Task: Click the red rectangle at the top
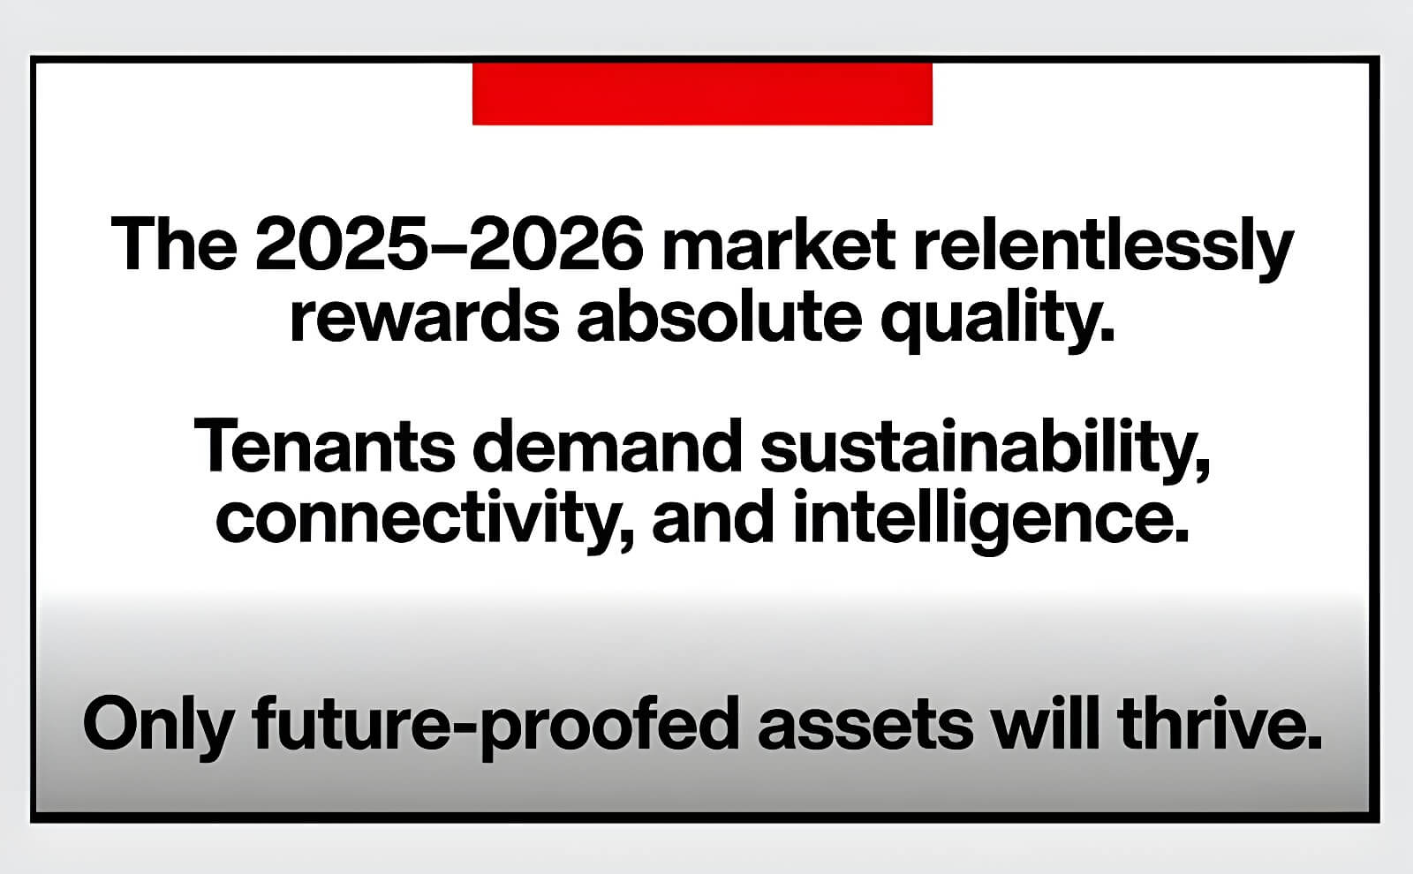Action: click(702, 94)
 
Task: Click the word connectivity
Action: click(425, 521)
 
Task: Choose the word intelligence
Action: click(991, 521)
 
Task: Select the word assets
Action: click(865, 724)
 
